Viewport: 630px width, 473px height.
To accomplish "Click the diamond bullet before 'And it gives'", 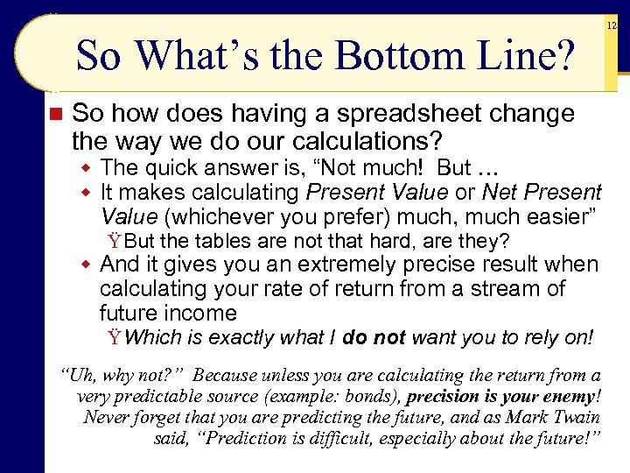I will (x=86, y=265).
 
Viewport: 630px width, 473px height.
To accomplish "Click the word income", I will (x=206, y=313).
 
